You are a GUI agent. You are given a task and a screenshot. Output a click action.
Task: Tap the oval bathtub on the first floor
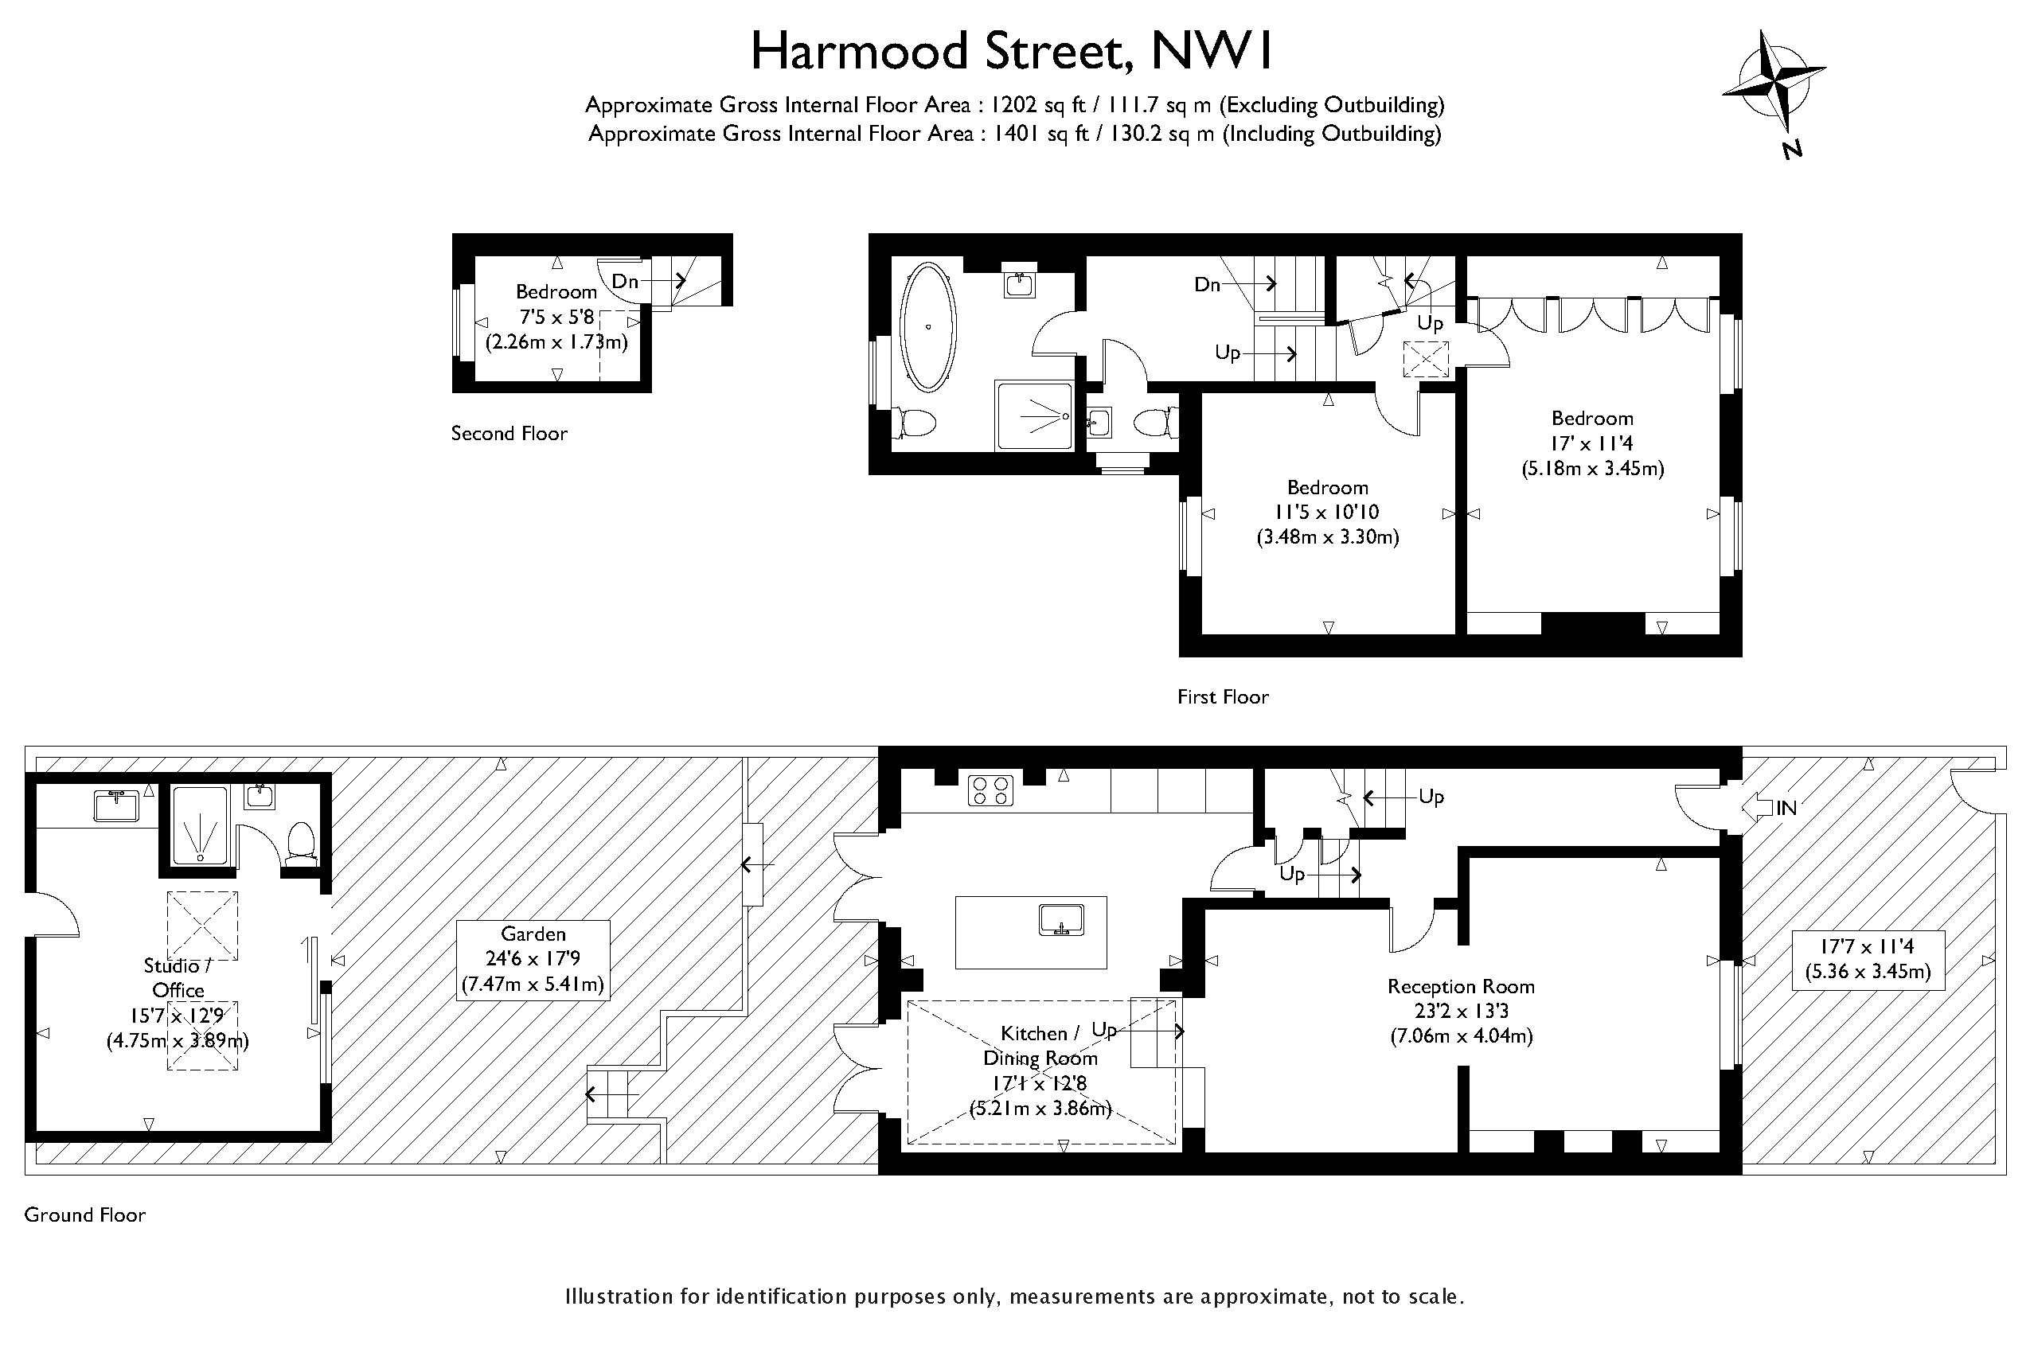point(927,327)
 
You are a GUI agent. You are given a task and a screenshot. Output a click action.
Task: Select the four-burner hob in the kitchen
point(990,790)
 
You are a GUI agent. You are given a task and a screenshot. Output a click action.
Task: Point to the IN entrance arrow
point(1757,808)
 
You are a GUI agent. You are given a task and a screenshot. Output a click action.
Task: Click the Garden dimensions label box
point(533,960)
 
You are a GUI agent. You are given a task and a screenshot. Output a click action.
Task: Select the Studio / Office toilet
point(300,844)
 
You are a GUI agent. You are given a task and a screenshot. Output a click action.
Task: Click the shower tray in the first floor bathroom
point(1035,416)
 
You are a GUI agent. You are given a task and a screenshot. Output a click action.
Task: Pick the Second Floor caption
point(509,433)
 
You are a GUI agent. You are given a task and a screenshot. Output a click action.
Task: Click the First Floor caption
point(1223,696)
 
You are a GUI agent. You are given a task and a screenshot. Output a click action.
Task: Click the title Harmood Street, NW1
point(1012,50)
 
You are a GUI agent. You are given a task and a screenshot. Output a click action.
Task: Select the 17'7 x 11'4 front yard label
point(1868,959)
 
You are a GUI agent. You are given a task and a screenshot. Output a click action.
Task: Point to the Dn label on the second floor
point(625,281)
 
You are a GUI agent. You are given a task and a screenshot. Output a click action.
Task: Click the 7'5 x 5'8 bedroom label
point(556,317)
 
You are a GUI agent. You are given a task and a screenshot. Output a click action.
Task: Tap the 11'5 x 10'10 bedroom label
point(1327,512)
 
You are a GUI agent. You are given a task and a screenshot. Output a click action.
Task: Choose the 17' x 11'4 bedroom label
point(1592,443)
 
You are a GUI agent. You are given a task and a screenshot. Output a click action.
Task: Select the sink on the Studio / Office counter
point(115,807)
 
